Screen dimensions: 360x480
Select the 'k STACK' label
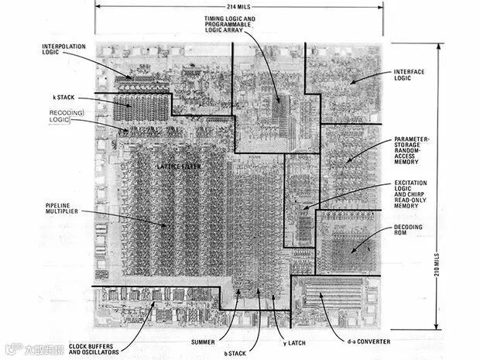click(62, 98)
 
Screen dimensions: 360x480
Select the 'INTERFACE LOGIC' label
click(410, 75)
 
